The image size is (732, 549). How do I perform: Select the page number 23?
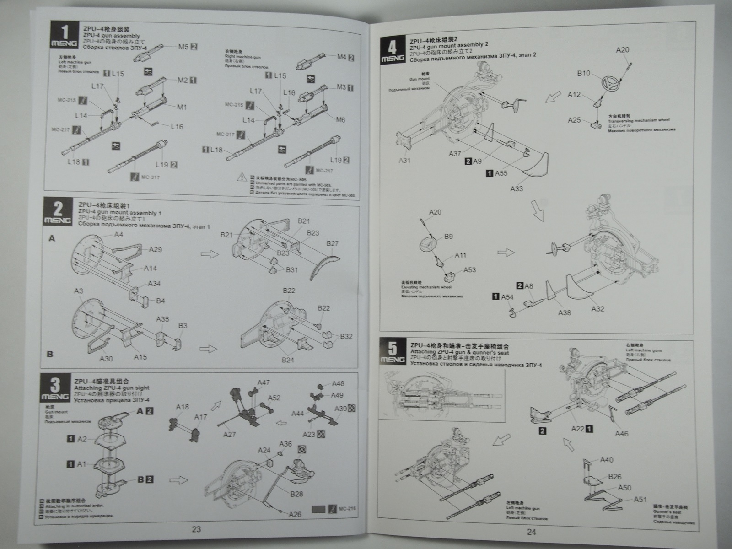tap(196, 529)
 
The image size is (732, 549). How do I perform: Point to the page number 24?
tap(531, 532)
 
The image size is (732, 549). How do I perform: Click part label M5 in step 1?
tap(183, 46)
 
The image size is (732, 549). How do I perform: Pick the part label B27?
tap(333, 243)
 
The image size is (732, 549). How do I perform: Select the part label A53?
tap(469, 270)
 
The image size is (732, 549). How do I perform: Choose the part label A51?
tap(640, 500)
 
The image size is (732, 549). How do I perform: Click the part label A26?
tap(295, 514)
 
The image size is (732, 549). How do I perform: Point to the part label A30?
tap(106, 359)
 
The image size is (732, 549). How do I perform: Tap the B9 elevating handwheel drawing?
tap(431, 242)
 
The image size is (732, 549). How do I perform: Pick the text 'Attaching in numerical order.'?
tap(72, 506)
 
